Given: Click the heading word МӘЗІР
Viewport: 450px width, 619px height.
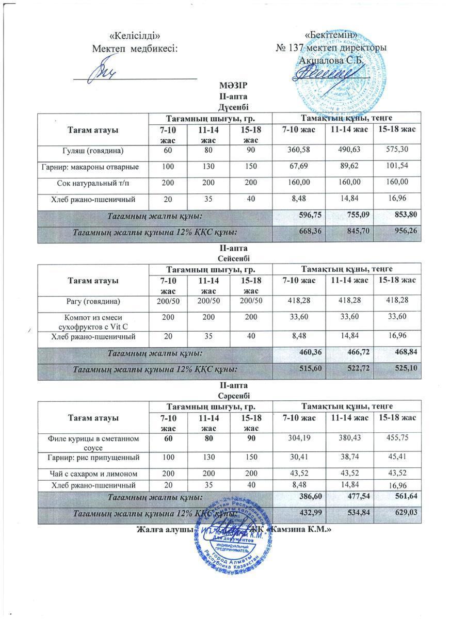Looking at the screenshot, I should [226, 86].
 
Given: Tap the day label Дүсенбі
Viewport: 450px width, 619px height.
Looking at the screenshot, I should [226, 107].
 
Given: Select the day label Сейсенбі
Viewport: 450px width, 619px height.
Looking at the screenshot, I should [226, 258].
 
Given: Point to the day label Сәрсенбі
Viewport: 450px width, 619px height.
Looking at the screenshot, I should [226, 395].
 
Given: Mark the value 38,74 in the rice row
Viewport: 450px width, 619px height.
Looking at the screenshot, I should [349, 458].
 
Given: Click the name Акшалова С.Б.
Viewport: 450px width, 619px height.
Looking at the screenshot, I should [332, 60].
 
